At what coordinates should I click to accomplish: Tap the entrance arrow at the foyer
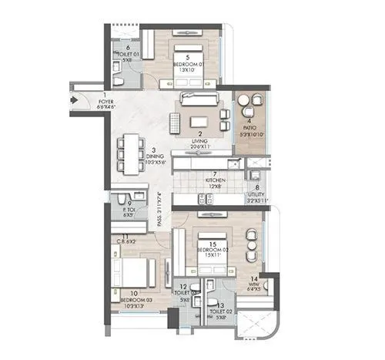coord(74,99)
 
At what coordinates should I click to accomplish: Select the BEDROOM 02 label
coord(208,250)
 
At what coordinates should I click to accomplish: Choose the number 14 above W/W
coord(253,281)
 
